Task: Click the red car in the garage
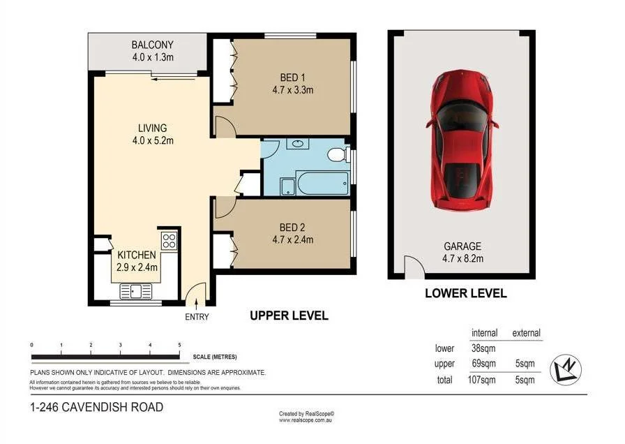pos(462,140)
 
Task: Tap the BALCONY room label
pos(153,45)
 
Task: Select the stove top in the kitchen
pos(169,241)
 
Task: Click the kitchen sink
pos(136,291)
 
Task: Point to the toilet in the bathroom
pos(339,154)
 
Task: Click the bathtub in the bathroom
pos(323,183)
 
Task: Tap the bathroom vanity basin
pos(297,143)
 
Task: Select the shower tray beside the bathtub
pos(288,187)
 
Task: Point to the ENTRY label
pos(197,317)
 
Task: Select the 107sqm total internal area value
pos(481,380)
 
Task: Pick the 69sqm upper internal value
pos(483,364)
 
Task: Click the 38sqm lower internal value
pos(483,348)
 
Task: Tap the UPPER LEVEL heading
pos(289,316)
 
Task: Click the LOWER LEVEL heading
pos(466,293)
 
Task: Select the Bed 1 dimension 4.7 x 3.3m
pos(293,90)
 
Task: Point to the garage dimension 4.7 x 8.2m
pos(462,258)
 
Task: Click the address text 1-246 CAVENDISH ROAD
pos(97,407)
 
